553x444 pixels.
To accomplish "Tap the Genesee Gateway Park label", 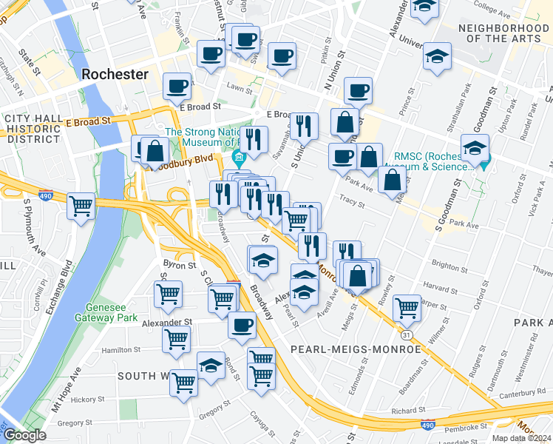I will tap(106, 312).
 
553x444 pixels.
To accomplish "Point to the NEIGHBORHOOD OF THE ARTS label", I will tap(503, 33).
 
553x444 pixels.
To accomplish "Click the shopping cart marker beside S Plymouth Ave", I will tap(81, 206).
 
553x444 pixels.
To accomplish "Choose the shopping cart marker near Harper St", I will tap(407, 307).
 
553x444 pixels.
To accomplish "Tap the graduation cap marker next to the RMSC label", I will tap(475, 147).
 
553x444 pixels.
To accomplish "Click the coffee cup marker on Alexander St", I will tap(242, 326).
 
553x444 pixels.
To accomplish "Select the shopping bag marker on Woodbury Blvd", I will tap(155, 152).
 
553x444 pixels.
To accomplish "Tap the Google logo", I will tap(24, 435).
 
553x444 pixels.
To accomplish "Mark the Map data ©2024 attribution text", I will tap(520, 438).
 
